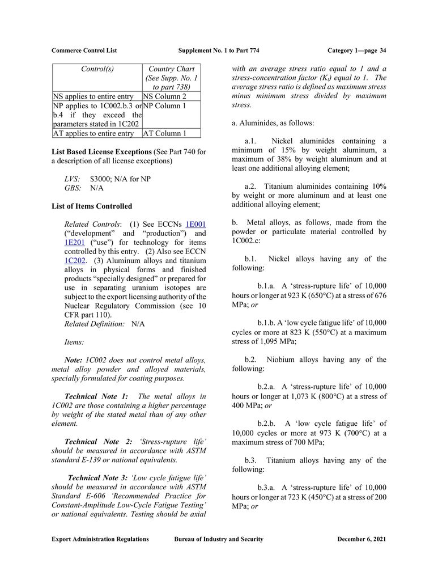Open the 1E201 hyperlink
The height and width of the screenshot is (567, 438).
[75, 243]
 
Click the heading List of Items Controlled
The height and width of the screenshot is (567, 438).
[91, 206]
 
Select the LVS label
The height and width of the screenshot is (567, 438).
[73, 179]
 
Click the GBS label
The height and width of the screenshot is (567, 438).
[73, 188]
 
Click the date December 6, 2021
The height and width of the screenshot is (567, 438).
[361, 539]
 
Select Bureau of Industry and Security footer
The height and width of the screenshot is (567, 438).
[219, 539]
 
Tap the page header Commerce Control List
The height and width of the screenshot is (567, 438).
[84, 50]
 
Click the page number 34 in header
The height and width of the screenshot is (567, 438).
[382, 50]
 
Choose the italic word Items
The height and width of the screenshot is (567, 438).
[74, 342]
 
